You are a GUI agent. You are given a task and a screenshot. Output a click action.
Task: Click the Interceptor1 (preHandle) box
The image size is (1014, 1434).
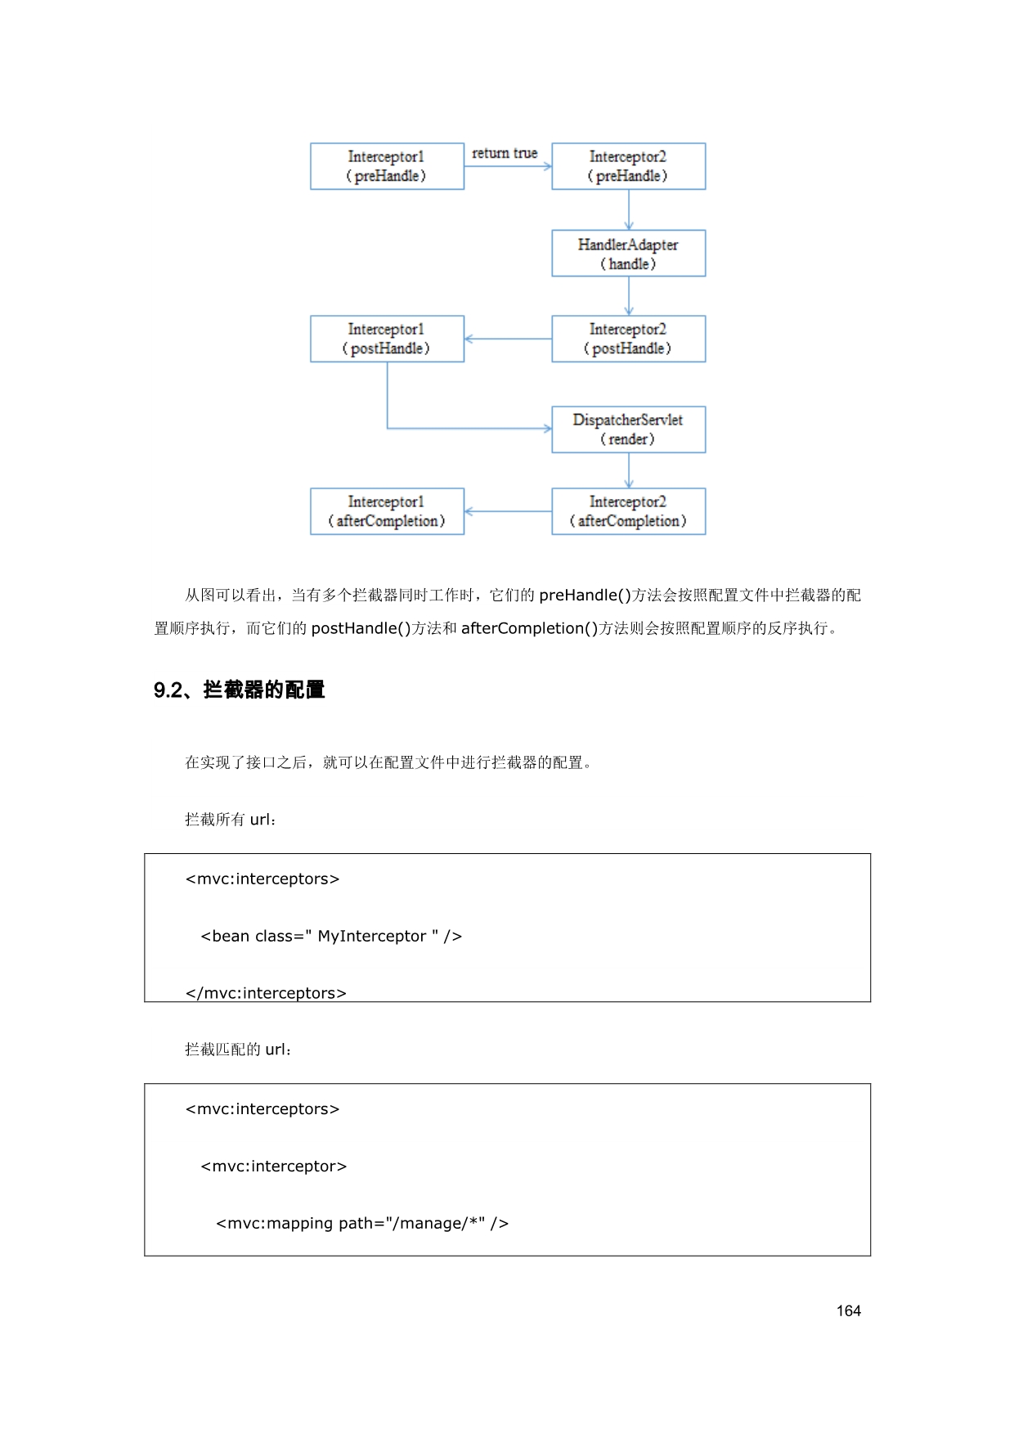(387, 166)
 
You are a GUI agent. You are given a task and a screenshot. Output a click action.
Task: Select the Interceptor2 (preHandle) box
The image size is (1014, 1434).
(628, 166)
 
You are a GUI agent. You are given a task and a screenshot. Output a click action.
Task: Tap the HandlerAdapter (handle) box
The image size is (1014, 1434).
(628, 254)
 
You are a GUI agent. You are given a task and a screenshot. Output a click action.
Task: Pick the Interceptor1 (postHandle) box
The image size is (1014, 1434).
(387, 339)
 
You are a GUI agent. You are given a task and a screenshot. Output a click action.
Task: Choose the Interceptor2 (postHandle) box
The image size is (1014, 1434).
(628, 339)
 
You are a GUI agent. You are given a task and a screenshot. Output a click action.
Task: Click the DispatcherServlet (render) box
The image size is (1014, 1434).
(628, 429)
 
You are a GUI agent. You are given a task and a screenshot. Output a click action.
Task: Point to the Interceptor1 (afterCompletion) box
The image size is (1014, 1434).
(387, 511)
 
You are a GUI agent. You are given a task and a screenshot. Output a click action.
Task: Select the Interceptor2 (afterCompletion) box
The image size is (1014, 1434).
(628, 511)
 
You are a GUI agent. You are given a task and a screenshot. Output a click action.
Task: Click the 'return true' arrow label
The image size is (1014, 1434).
(505, 153)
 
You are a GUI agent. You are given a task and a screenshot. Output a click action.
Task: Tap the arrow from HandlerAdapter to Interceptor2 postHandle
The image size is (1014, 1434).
(629, 295)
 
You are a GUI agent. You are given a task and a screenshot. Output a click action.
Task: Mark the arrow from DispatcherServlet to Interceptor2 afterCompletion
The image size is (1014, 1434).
(629, 470)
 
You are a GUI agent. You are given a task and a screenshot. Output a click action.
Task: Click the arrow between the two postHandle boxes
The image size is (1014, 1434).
(508, 339)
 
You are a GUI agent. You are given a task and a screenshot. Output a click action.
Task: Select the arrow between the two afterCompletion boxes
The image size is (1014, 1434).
(508, 511)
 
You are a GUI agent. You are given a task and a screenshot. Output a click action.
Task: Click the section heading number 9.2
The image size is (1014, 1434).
(168, 690)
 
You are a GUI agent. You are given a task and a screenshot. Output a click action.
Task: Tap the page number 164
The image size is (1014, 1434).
(848, 1310)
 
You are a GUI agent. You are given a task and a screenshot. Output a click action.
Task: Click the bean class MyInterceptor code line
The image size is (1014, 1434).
(331, 936)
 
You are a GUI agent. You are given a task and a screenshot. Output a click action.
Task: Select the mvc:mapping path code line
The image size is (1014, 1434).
(362, 1223)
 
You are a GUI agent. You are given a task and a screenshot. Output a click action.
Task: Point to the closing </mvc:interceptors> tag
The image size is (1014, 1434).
(266, 992)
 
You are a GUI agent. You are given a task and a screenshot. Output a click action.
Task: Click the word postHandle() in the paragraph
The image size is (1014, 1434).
(361, 628)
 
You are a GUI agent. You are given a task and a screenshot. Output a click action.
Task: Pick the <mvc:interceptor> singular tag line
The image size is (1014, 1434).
(274, 1166)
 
